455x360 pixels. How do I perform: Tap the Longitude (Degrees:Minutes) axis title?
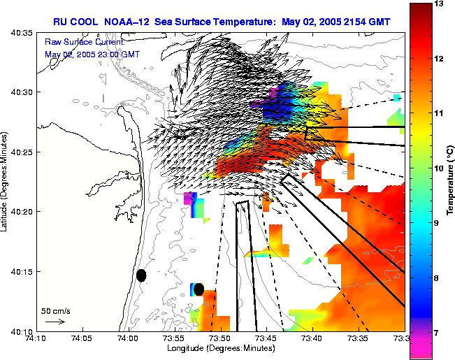[219, 349]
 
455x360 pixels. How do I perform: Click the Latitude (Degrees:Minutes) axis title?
[6, 181]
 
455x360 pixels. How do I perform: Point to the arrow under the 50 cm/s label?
[55, 322]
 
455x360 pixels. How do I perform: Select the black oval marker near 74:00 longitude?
[141, 275]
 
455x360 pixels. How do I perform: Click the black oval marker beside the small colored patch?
[198, 289]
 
